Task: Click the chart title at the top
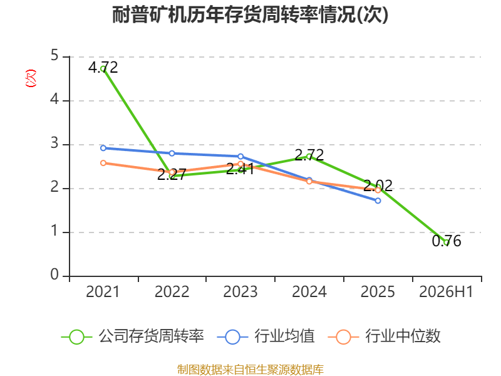click(250, 15)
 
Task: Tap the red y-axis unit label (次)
click(31, 78)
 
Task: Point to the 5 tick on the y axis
click(54, 56)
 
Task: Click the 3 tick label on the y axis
click(54, 144)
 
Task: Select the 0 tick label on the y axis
click(54, 274)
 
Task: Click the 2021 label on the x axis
click(103, 292)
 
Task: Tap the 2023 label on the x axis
click(240, 292)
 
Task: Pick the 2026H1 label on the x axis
click(446, 292)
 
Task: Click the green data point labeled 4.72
click(103, 69)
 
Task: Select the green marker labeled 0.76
click(447, 243)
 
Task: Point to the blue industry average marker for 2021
click(103, 148)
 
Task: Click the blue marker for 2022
click(172, 154)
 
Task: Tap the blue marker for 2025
click(378, 201)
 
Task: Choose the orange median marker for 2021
click(103, 163)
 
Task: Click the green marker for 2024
click(309, 157)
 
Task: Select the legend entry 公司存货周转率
click(132, 337)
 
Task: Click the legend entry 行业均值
click(266, 337)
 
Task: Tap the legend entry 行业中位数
click(384, 337)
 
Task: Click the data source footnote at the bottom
click(250, 370)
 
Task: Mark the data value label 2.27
click(172, 175)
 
